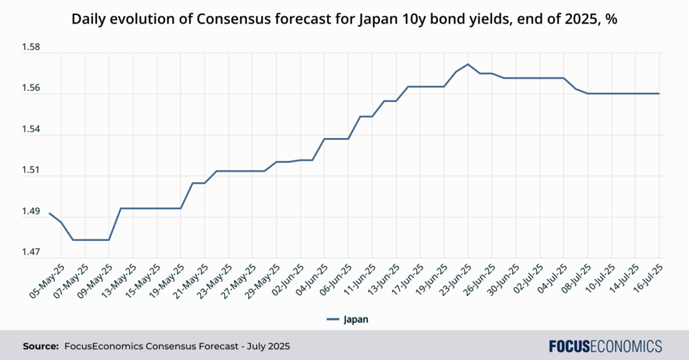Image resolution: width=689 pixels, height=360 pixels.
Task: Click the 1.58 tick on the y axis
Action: click(x=31, y=48)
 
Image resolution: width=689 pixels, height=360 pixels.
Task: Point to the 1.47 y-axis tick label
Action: click(x=31, y=252)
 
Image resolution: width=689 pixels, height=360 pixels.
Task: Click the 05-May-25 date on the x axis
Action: click(x=49, y=277)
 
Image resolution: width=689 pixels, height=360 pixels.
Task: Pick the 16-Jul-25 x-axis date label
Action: click(x=646, y=277)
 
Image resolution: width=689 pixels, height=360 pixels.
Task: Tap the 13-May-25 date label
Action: click(x=121, y=277)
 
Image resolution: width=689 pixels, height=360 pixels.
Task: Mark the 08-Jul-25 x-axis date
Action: click(x=575, y=277)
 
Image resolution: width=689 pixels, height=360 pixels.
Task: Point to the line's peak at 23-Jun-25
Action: click(x=468, y=64)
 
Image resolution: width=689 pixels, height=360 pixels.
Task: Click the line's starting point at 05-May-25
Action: click(x=49, y=213)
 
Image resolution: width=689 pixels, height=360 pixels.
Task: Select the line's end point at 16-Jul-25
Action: click(x=659, y=94)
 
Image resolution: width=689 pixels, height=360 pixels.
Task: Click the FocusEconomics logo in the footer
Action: click(x=605, y=346)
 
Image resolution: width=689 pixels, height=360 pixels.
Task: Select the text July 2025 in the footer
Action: click(x=268, y=346)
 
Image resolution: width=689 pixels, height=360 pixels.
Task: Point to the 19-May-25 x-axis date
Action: click(x=169, y=277)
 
